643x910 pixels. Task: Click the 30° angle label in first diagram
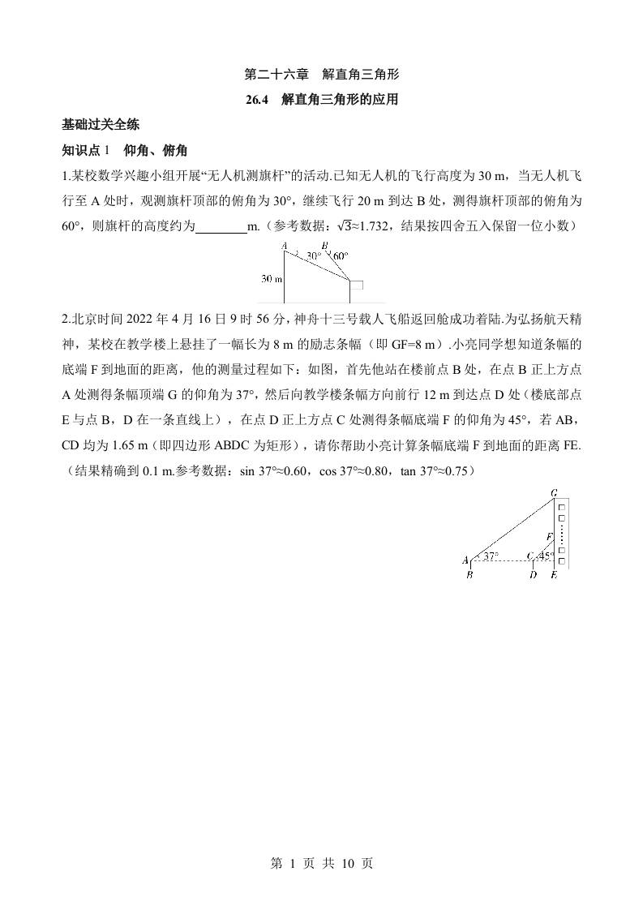coord(313,255)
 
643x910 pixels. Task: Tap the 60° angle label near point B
coord(340,255)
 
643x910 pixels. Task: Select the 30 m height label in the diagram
coord(271,279)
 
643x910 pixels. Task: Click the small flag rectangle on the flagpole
coord(357,285)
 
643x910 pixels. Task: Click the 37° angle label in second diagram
coord(490,556)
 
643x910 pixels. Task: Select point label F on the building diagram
coord(548,537)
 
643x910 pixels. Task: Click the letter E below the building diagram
coord(554,575)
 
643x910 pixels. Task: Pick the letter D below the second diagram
coord(533,575)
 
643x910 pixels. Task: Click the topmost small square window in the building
coord(560,506)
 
